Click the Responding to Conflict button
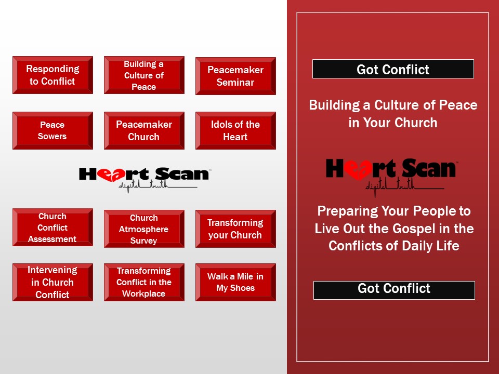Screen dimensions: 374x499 (52, 75)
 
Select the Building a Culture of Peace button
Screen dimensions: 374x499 (144, 75)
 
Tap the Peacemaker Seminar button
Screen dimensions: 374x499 (235, 76)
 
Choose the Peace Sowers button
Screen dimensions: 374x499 (52, 130)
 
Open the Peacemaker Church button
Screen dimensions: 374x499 (144, 130)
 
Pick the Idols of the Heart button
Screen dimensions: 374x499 (235, 130)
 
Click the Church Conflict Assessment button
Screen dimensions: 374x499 (52, 228)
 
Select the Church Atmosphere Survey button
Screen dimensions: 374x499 (144, 229)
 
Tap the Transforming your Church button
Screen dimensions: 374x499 (235, 229)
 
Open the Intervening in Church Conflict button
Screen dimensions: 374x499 (52, 282)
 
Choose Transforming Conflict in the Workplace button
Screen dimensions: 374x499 (144, 282)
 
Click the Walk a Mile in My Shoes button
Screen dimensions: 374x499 (235, 282)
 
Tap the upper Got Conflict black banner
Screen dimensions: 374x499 (393, 69)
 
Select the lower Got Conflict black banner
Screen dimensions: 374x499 (394, 290)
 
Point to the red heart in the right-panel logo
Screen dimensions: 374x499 (360, 169)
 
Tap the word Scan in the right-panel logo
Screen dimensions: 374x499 (427, 168)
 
